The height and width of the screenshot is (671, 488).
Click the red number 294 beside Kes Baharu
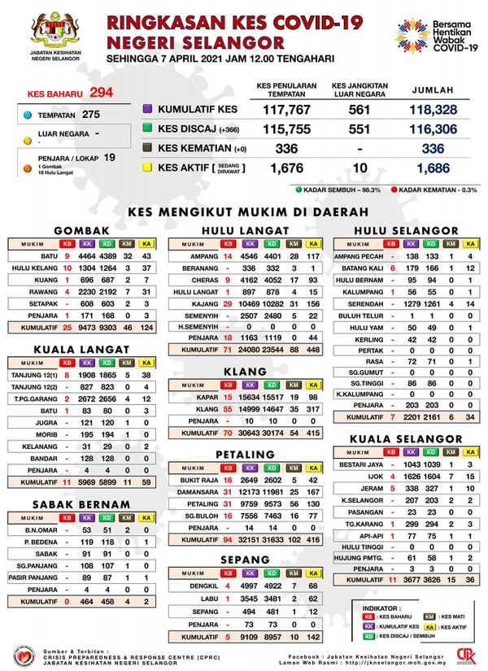coord(102,92)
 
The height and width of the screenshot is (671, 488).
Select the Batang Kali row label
coord(362,268)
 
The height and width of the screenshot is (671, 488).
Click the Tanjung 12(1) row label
coord(33,376)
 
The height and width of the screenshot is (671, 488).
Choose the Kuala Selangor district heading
coord(404,438)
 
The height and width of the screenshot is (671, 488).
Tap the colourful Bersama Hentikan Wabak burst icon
coord(412,35)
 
